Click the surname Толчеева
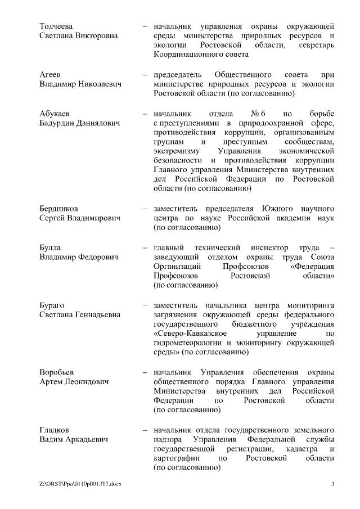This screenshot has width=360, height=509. click(x=56, y=26)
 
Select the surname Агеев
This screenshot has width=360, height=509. click(x=49, y=75)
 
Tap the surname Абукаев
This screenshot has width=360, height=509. click(x=55, y=114)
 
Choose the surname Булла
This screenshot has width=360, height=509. click(x=50, y=248)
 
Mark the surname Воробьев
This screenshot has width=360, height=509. click(x=57, y=372)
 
